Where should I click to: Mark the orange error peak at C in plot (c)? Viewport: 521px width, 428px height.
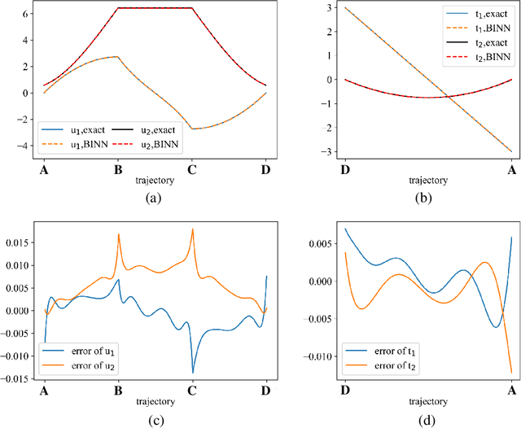coord(192,229)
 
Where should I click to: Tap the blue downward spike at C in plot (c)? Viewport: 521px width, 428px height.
coord(192,372)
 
